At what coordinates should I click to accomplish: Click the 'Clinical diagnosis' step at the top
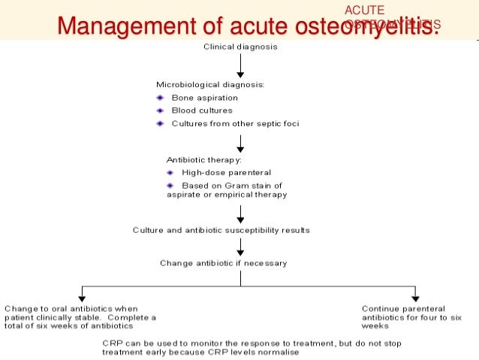pos(240,47)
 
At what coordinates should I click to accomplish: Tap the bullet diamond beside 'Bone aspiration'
pos(160,98)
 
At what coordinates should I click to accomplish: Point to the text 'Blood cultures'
pos(202,110)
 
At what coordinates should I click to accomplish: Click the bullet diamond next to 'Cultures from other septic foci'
pos(160,123)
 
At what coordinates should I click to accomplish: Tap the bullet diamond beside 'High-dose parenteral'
pos(170,172)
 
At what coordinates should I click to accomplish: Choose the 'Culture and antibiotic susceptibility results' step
pos(221,230)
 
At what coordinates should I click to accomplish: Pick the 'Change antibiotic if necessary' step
pos(223,263)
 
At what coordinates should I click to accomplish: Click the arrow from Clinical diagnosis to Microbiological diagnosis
pos(240,66)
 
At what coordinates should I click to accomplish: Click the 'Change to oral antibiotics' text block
pos(80,317)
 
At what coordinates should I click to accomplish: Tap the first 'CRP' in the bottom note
pos(110,342)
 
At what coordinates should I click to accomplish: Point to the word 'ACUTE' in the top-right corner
pos(363,10)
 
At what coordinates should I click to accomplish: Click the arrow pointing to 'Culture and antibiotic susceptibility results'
pos(240,216)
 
